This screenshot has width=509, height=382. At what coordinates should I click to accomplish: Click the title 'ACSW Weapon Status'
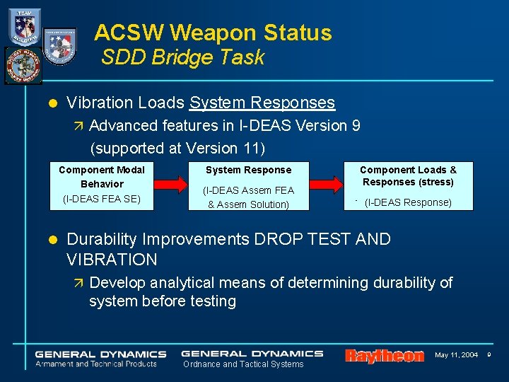[213, 33]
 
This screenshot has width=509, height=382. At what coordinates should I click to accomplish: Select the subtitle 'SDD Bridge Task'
[182, 58]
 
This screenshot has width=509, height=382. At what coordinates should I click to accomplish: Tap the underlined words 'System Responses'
[262, 103]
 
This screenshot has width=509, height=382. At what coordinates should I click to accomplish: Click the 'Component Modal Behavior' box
[102, 185]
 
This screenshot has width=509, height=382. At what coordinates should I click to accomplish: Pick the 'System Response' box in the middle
[248, 187]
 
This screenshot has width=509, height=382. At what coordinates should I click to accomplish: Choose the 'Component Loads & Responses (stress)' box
[408, 186]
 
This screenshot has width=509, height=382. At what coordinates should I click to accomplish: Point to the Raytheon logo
[384, 356]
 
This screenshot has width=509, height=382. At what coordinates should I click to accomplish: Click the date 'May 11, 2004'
[456, 354]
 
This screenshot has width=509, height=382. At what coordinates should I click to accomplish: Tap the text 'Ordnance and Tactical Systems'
[243, 364]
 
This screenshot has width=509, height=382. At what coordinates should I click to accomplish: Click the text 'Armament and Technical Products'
[96, 364]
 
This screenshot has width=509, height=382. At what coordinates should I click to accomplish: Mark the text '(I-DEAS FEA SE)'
[102, 199]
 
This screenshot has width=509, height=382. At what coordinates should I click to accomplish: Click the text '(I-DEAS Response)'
[408, 202]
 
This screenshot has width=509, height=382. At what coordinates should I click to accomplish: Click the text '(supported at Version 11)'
[177, 148]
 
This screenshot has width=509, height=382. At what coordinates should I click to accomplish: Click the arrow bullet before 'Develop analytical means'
[78, 284]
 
